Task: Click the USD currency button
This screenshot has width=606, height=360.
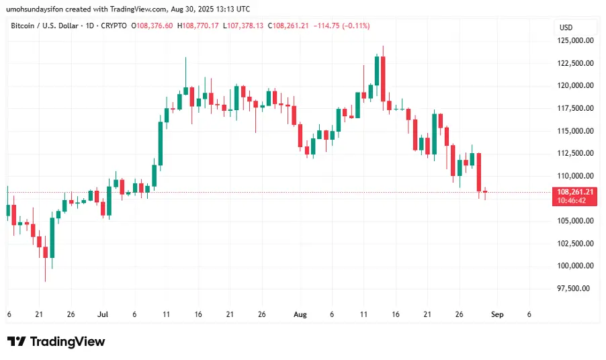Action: coord(566,28)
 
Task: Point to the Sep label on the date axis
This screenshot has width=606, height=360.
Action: coord(496,314)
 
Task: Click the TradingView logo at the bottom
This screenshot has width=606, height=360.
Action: coord(56,342)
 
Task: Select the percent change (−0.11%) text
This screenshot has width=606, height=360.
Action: coord(351,26)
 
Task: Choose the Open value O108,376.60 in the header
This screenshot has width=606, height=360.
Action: coord(153,26)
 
